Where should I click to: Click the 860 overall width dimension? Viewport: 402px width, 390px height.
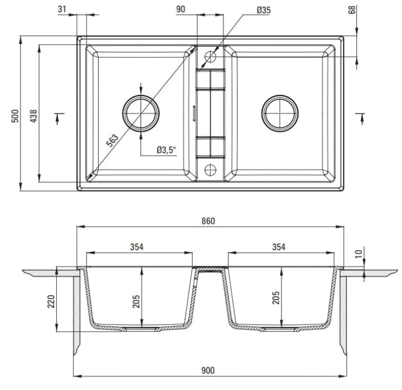click(208, 221)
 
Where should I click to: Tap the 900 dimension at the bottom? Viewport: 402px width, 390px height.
click(208, 370)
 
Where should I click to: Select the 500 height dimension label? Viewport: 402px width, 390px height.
click(15, 116)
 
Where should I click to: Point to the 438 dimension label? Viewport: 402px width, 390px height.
click(34, 116)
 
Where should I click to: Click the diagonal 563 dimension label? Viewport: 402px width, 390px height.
click(113, 140)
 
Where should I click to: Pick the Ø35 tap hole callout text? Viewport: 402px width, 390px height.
click(264, 10)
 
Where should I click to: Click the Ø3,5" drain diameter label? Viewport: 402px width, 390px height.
click(167, 150)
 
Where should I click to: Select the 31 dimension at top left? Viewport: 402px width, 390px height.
click(62, 9)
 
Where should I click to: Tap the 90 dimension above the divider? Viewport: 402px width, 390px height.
click(181, 9)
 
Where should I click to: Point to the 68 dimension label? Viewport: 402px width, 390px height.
click(352, 10)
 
